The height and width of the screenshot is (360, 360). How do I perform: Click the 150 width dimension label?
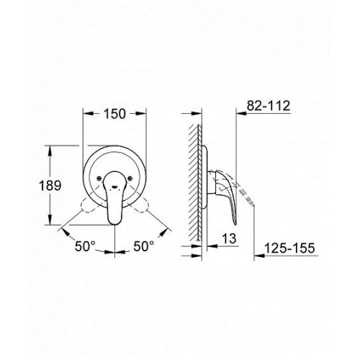114,114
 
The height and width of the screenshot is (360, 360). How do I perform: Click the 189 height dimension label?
50,186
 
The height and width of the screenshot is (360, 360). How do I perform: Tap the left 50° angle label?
85,246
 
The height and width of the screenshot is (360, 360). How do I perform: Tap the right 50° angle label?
143,246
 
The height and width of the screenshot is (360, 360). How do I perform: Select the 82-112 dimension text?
269,106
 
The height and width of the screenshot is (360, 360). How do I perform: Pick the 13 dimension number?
229,238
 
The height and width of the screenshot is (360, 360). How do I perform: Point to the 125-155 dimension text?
289,248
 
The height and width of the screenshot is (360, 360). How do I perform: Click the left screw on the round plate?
99,178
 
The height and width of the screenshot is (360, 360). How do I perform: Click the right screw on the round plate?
130,178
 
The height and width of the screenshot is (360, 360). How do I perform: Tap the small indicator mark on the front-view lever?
114,186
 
